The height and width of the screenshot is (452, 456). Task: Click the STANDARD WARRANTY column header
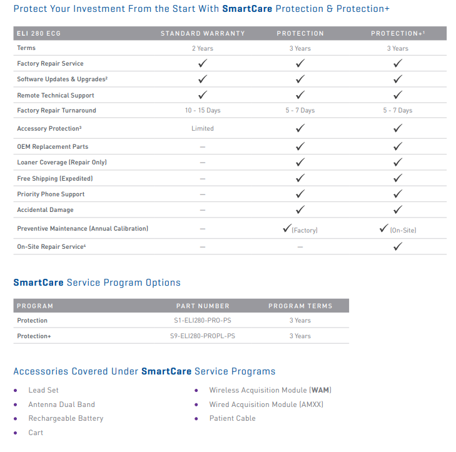[203, 33]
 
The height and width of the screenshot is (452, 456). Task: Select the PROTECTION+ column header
[397, 33]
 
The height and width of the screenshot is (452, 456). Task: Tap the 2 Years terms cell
[203, 48]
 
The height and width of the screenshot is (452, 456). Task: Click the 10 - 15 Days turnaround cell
[203, 111]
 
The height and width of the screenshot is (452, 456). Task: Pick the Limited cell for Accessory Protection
[203, 129]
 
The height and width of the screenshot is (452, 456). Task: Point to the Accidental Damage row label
[45, 210]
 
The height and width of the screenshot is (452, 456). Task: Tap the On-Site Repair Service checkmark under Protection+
[397, 246]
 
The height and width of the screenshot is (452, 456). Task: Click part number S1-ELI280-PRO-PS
[203, 321]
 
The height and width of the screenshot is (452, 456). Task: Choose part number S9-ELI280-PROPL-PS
[203, 336]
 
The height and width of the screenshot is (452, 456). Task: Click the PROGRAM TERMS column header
[300, 306]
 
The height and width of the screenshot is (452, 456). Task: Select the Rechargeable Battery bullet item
[66, 418]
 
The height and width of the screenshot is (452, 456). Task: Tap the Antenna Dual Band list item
[61, 404]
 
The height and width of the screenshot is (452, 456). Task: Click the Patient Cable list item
[232, 418]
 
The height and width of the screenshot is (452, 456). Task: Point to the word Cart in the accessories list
[36, 433]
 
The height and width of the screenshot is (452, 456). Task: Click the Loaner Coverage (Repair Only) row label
[61, 163]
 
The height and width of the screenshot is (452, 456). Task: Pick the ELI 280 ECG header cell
[39, 33]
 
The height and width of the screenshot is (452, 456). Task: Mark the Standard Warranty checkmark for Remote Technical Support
[203, 95]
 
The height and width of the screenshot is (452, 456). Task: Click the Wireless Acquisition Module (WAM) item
[270, 391]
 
